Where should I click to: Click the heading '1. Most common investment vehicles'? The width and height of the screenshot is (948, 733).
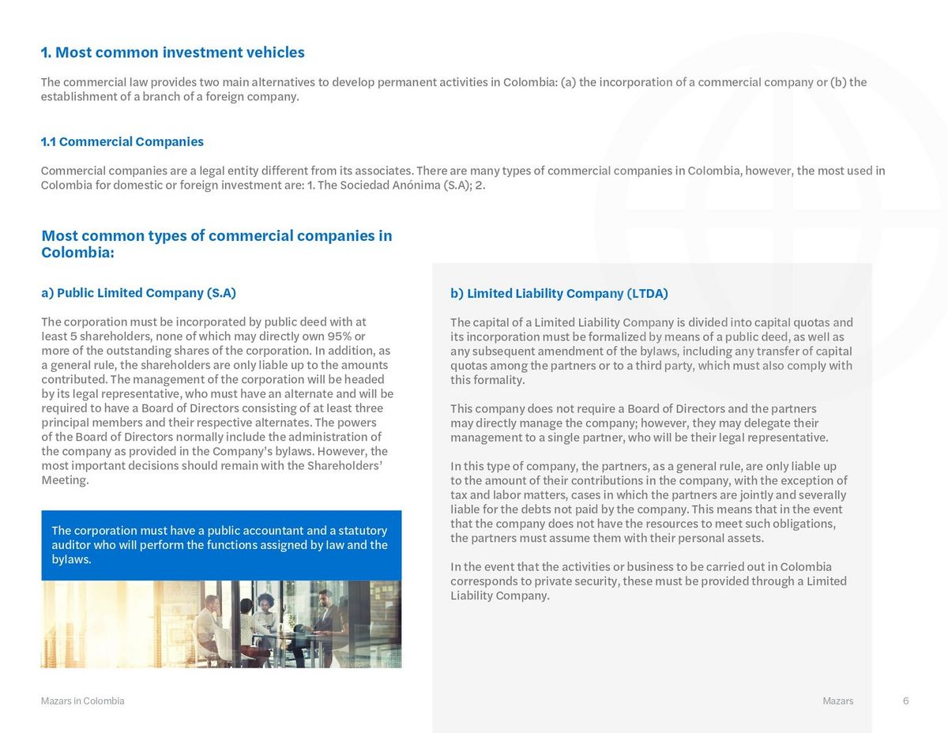(172, 53)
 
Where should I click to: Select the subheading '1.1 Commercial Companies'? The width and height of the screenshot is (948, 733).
(122, 142)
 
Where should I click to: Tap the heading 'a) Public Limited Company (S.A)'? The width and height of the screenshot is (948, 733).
(138, 293)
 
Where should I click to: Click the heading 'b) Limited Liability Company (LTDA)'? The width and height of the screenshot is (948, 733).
(559, 294)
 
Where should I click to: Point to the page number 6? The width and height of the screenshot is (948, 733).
(905, 701)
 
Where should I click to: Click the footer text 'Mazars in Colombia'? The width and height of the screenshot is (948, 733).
(82, 701)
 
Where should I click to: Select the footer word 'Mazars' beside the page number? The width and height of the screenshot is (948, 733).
(837, 701)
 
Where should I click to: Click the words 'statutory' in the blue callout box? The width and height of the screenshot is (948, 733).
(363, 531)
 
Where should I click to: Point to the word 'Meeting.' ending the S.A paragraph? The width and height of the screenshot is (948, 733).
(65, 480)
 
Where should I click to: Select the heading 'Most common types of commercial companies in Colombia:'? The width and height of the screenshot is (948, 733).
(216, 244)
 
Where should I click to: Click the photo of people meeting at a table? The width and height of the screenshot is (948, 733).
(221, 624)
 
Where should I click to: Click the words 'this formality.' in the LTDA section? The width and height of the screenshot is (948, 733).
(487, 380)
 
